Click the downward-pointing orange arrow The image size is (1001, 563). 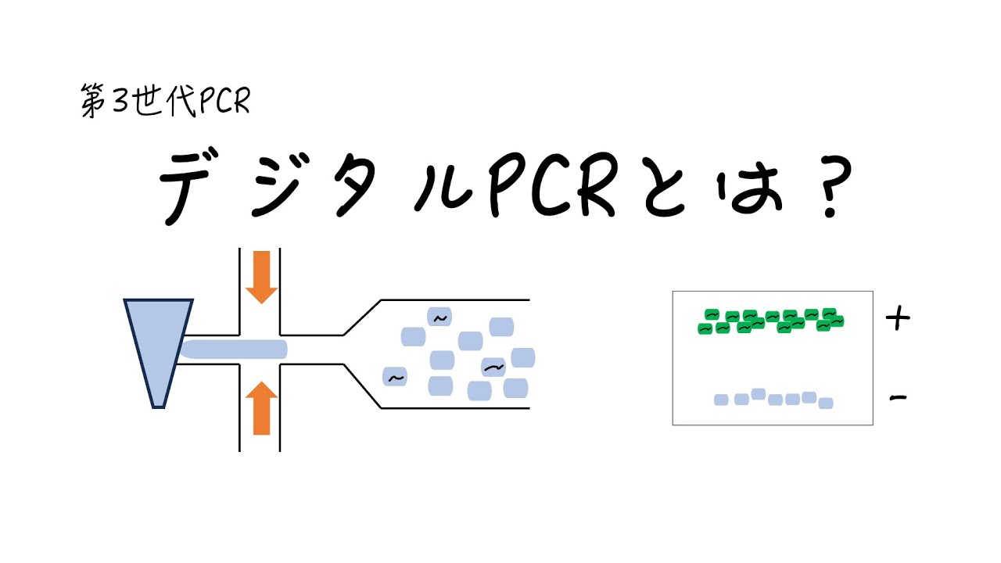261,277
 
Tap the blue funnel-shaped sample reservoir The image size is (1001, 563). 159,344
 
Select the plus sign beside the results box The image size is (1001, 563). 899,318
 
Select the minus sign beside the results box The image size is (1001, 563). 899,399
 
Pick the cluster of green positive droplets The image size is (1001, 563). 771,320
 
